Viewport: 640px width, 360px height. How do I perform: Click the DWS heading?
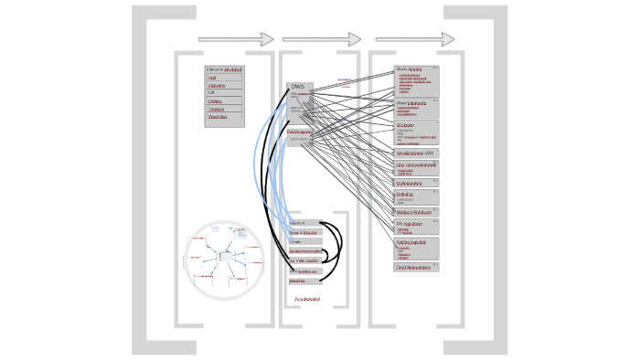coord(297,87)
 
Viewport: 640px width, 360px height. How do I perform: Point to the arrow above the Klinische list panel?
coord(236,39)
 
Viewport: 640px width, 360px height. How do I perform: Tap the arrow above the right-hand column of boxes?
coord(415,39)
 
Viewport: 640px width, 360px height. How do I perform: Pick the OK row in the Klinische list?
coord(224,93)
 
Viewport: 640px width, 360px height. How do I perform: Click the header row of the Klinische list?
coord(224,69)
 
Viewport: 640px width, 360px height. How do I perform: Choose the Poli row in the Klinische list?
coord(224,78)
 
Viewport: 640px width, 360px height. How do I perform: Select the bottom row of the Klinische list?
coord(224,118)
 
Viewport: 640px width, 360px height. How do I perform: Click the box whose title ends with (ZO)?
coord(417,153)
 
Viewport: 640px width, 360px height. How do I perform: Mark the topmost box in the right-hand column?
coord(417,80)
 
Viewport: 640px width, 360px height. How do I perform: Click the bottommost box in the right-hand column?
coord(417,268)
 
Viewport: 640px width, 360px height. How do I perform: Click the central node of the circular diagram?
coord(224,256)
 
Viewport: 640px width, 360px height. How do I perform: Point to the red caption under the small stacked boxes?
coord(306,299)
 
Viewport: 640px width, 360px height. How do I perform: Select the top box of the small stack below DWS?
coord(304,223)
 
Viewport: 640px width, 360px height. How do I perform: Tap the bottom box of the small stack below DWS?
coord(304,281)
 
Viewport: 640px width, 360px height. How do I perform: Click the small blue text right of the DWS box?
coord(344,79)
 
